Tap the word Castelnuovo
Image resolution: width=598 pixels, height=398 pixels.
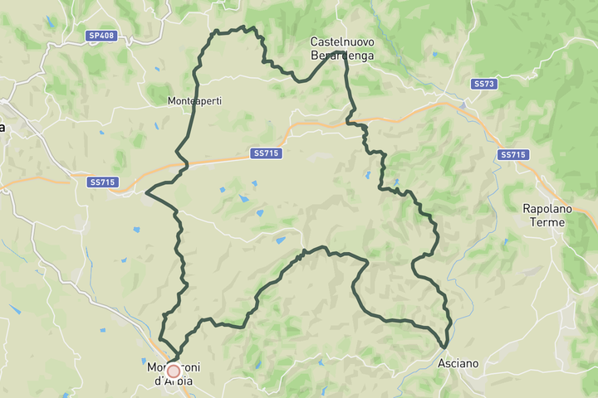342,41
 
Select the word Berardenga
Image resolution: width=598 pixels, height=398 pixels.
342,56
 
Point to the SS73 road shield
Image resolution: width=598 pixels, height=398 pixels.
483,84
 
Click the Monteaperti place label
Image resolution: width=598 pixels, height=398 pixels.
194,101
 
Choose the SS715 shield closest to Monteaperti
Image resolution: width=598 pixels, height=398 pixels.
267,153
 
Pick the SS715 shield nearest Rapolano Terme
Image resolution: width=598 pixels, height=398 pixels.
514,155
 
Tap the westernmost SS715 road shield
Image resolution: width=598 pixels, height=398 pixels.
103,182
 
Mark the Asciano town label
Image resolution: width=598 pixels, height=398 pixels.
458,363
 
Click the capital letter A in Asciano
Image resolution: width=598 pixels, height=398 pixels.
442,363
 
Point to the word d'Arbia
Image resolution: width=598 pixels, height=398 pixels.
174,381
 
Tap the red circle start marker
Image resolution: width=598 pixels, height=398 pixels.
173,372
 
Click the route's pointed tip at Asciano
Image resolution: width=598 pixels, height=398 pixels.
445,347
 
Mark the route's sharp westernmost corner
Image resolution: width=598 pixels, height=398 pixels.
146,193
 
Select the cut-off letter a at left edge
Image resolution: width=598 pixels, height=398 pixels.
2,127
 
